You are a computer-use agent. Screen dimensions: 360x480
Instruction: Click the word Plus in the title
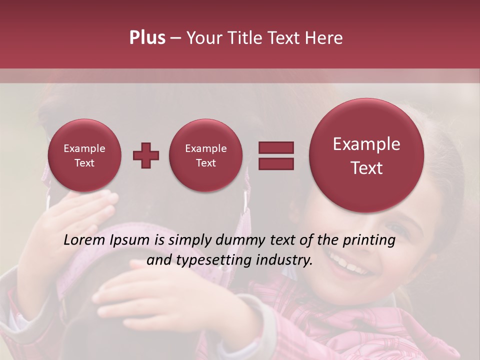point(147,38)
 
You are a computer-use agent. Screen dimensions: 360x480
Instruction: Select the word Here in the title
point(324,38)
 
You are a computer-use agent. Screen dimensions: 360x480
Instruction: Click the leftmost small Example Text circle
point(84,155)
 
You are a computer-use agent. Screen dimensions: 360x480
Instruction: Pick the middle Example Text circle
point(205,155)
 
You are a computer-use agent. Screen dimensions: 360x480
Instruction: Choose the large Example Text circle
point(366,155)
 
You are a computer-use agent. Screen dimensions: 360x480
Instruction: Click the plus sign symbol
point(146,155)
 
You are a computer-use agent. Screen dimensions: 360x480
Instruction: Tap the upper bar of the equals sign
point(276,147)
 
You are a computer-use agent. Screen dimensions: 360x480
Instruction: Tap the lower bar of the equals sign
point(276,163)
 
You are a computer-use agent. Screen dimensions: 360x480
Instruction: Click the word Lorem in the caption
point(84,240)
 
